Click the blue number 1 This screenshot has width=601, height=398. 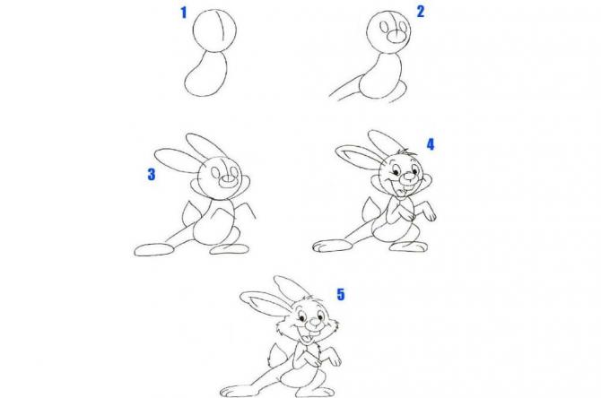[x=184, y=13]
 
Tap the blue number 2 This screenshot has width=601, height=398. [x=421, y=12]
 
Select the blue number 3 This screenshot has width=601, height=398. [x=152, y=174]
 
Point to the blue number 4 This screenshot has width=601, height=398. [x=431, y=144]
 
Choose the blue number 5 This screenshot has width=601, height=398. [x=341, y=295]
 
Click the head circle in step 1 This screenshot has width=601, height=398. [x=193, y=30]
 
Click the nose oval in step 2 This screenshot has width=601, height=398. [x=396, y=37]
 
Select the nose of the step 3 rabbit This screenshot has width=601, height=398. [x=228, y=180]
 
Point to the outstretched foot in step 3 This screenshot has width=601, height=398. [x=154, y=250]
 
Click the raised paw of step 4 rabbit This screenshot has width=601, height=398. [x=430, y=212]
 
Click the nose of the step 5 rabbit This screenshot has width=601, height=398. [x=315, y=322]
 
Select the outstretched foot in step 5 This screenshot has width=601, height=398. [x=237, y=391]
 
